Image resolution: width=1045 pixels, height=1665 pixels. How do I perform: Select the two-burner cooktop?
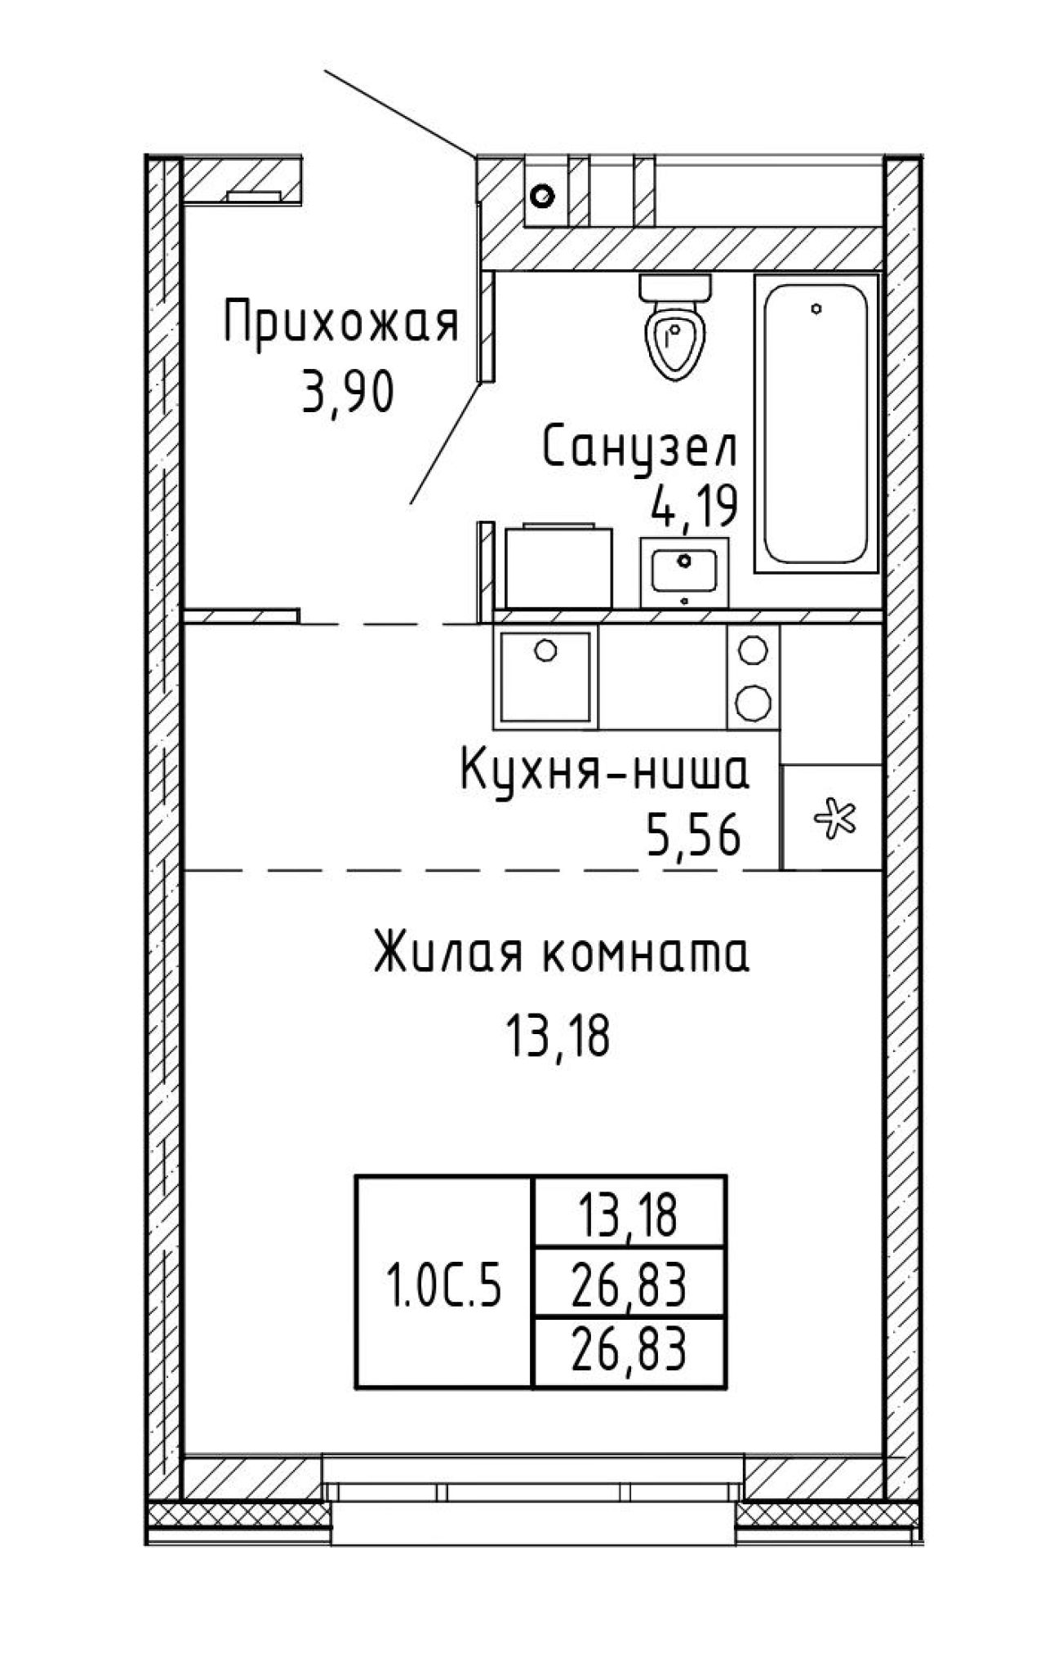[x=753, y=677]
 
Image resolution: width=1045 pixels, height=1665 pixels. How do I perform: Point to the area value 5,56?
[x=694, y=837]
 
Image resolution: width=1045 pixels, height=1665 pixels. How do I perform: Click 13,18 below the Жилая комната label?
[x=558, y=1037]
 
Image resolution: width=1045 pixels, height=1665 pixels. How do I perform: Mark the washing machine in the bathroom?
[x=558, y=566]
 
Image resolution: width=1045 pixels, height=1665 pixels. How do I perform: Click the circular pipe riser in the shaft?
[x=543, y=196]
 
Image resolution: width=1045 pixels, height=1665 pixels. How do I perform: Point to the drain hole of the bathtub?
[x=816, y=309]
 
